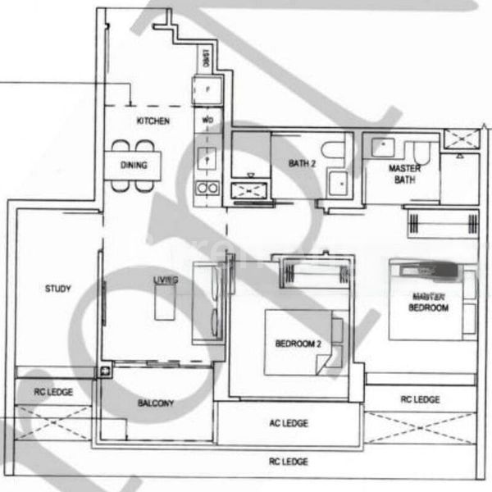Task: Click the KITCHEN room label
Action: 153,121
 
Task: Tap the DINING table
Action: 134,166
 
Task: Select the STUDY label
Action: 57,289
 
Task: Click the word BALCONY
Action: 155,403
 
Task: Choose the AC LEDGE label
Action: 288,424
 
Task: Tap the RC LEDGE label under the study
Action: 53,392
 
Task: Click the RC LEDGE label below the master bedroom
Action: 420,399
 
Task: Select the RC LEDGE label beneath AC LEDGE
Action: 288,462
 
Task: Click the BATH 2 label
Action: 302,164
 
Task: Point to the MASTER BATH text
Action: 403,174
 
